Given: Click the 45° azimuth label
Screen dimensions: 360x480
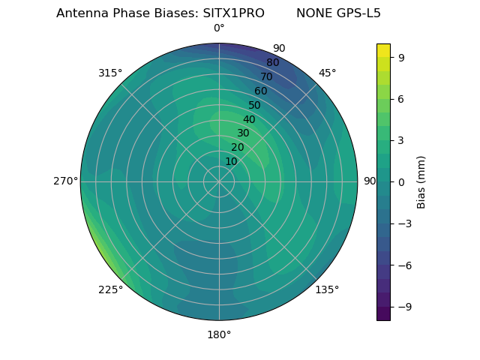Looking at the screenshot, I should (327, 73).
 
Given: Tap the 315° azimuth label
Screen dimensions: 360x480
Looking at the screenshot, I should (109, 73).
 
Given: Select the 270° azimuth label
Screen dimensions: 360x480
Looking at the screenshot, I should (65, 181).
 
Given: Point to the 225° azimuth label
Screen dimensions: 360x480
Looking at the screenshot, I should (110, 290).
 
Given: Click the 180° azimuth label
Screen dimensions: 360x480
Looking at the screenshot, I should (219, 334).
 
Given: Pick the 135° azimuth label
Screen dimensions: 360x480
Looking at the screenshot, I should (327, 290).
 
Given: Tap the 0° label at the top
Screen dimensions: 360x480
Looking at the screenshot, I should (219, 28).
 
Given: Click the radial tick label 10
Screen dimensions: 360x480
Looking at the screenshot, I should (231, 161).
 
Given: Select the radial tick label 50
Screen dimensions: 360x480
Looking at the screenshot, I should (255, 105).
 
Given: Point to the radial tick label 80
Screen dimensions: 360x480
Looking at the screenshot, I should (272, 62).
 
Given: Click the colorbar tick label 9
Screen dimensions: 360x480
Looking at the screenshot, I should (401, 57).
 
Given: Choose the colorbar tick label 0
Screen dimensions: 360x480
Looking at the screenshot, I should (401, 181).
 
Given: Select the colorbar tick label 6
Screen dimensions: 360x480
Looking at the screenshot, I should (401, 98).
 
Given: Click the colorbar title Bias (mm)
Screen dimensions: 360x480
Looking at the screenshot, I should (421, 181).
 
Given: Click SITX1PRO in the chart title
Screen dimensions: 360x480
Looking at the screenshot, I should (233, 13).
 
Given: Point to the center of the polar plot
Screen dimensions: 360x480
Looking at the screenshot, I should (219, 181).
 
